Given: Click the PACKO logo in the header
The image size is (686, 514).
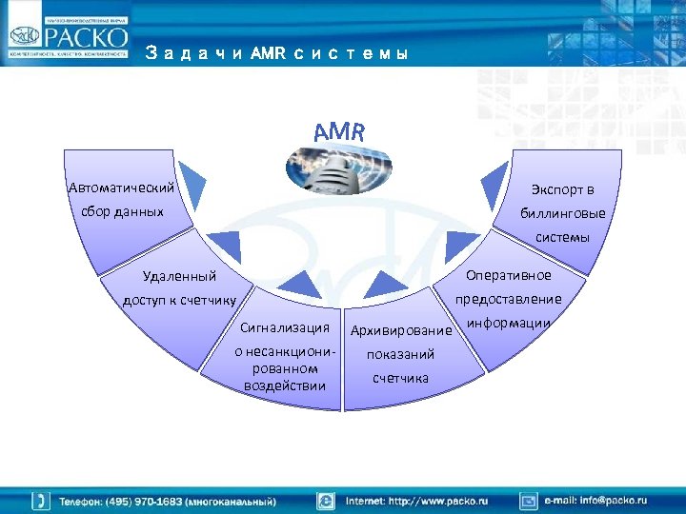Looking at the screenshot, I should pos(68,37).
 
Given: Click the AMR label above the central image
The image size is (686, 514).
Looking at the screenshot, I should pos(338,131).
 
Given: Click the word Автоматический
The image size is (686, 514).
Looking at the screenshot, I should pos(121,188).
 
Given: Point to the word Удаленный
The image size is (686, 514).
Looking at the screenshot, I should pos(178,276).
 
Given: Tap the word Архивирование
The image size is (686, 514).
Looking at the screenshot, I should pos(400,331).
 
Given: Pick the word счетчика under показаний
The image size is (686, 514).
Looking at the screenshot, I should pos(400,378).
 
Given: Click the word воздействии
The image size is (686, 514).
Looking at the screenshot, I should pos(285,385).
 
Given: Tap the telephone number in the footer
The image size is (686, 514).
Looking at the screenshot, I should pos(168,501).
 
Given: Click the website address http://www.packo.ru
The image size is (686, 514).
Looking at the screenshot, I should pos(416,500).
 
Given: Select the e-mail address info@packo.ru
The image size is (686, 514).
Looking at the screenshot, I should pos(595,500).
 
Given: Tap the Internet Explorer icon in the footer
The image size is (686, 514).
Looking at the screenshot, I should pos(326,500).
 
